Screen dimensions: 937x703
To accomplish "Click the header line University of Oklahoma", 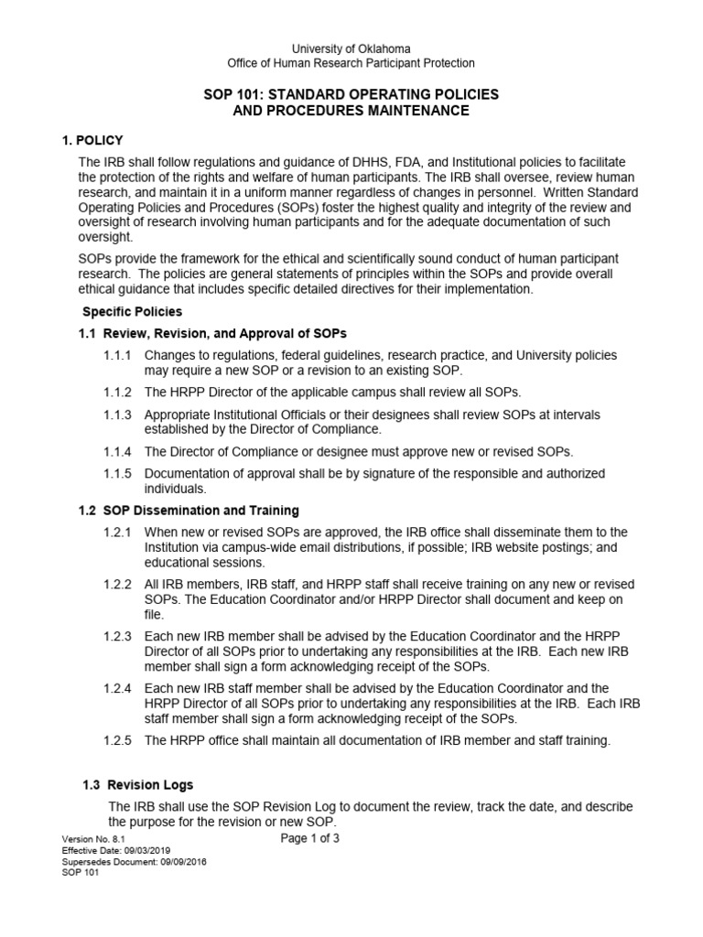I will tap(351, 48).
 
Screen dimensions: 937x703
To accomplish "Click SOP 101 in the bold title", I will tap(232, 95).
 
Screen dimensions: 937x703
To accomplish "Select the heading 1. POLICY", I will tap(98, 140).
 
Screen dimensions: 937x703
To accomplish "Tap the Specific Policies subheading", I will tap(133, 312).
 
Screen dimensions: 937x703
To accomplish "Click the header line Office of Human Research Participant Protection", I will tap(351, 63).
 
